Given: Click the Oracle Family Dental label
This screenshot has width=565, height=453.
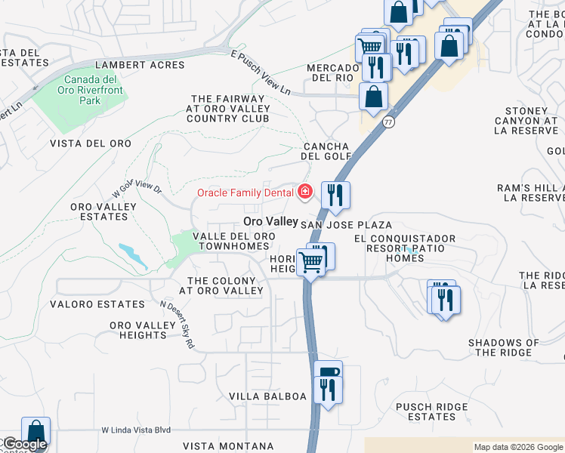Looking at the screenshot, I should pos(245,193).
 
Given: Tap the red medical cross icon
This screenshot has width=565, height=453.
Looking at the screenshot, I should pos(305,193).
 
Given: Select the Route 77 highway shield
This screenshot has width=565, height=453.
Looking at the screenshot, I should pos(389,121).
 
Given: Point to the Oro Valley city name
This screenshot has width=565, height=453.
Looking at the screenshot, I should pos(270,222).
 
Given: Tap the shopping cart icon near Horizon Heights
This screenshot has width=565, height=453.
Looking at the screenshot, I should pos(310,263).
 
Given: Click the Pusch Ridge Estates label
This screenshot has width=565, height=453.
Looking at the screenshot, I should pos(432,411).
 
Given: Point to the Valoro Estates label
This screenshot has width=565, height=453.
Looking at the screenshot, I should pos(97,304).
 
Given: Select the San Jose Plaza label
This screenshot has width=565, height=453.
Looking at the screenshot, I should pos(346,225).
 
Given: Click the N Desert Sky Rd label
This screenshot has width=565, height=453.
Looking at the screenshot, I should pos(178,325).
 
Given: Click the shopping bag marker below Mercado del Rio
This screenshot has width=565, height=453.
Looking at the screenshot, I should pos(373,96).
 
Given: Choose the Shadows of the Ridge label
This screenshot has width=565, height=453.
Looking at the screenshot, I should pos(504,347).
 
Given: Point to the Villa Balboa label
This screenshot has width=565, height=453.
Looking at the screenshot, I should pos(268,396).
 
